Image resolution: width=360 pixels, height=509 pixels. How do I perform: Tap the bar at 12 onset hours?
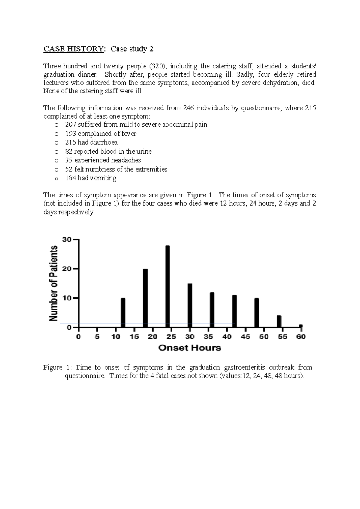tap(123, 312)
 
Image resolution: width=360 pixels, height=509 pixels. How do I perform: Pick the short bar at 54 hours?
tap(279, 321)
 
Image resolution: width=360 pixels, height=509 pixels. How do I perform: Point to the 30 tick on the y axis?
tap(67, 239)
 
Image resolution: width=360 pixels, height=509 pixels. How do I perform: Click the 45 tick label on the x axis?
tap(245, 337)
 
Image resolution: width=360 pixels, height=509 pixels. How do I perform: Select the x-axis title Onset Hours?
tap(190, 348)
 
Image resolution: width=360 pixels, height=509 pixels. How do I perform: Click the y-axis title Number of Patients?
tap(54, 283)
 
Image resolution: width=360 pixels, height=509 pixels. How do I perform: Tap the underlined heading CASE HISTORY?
tap(73, 49)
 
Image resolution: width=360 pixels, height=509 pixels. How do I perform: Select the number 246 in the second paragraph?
tap(188, 108)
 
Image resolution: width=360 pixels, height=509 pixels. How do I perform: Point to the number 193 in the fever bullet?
tap(70, 134)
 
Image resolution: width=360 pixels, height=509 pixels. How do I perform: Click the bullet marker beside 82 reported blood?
tap(56, 152)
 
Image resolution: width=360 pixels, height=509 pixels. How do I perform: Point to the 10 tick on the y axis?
tap(67, 298)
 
